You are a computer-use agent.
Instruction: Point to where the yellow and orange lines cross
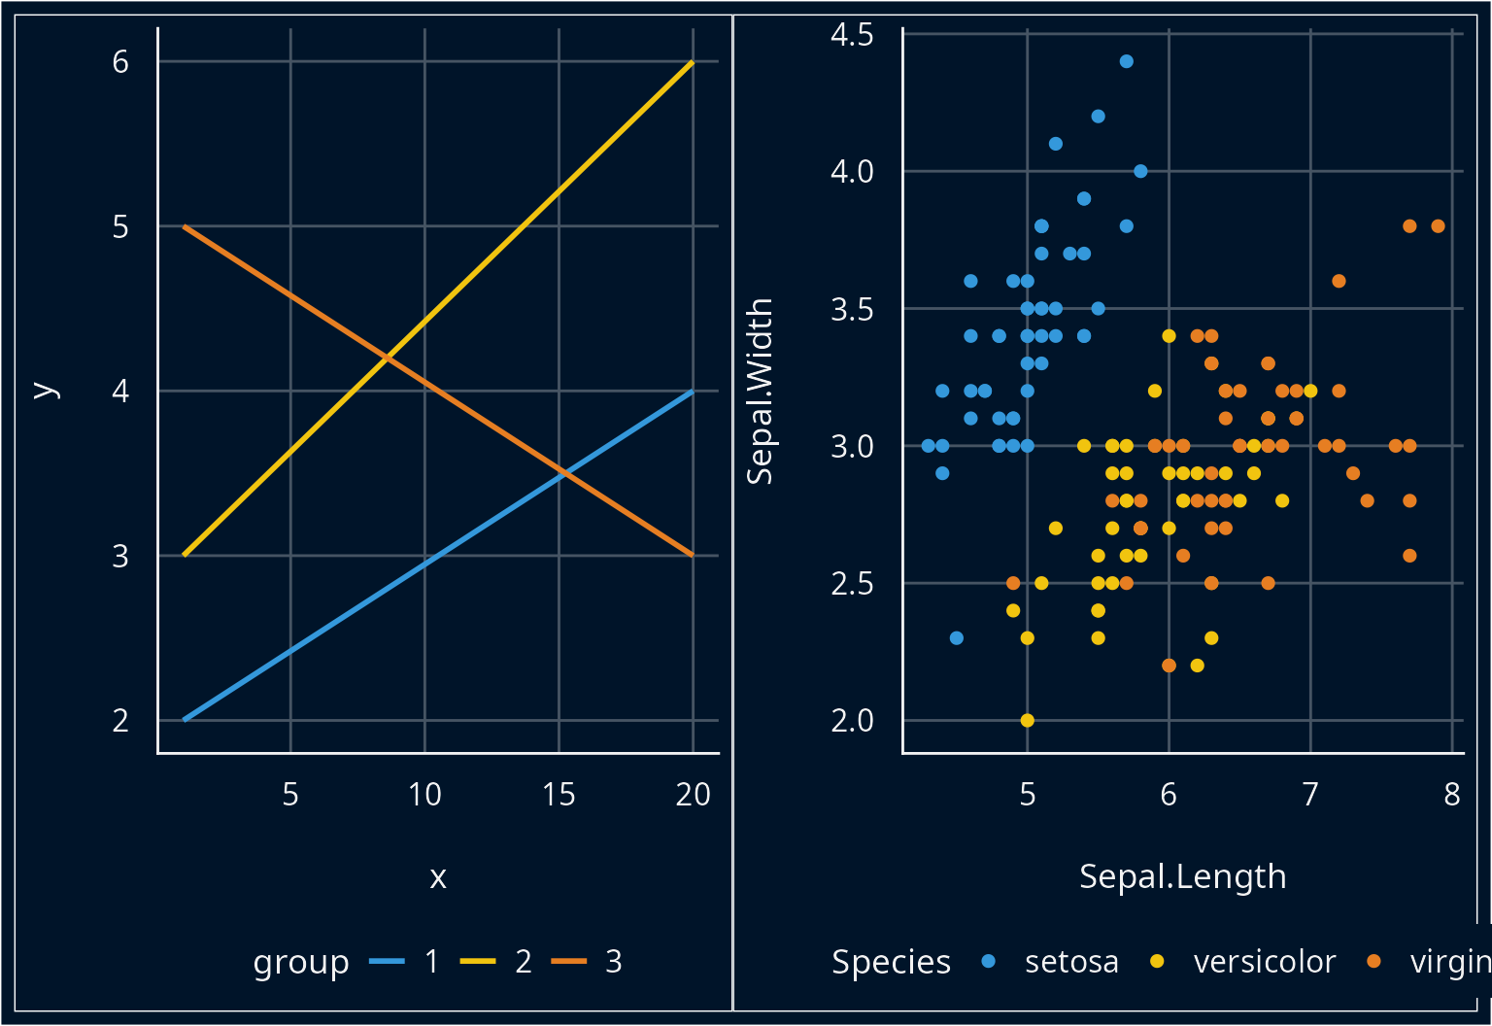(x=387, y=359)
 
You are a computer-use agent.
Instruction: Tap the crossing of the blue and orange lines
(x=563, y=473)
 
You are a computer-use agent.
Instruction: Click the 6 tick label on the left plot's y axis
(x=120, y=62)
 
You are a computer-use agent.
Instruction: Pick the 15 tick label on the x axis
(x=559, y=795)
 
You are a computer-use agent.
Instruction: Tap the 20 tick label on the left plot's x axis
(x=693, y=795)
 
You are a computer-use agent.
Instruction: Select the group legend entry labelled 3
(x=613, y=962)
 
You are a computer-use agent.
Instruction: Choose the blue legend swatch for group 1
(x=387, y=962)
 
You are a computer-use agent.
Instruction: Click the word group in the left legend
(x=301, y=963)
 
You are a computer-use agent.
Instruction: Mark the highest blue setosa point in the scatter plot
(x=1126, y=61)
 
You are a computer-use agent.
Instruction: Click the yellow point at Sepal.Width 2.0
(x=1027, y=720)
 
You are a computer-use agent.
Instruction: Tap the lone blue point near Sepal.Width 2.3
(x=956, y=638)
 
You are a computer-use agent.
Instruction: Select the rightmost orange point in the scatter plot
(x=1438, y=226)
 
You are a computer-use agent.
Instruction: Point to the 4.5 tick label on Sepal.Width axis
(x=852, y=35)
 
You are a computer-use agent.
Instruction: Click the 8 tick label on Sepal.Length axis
(x=1451, y=795)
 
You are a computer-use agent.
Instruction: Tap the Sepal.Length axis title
(x=1182, y=876)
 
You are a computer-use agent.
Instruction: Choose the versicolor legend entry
(x=1264, y=962)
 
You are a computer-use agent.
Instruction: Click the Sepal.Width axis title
(x=759, y=391)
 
